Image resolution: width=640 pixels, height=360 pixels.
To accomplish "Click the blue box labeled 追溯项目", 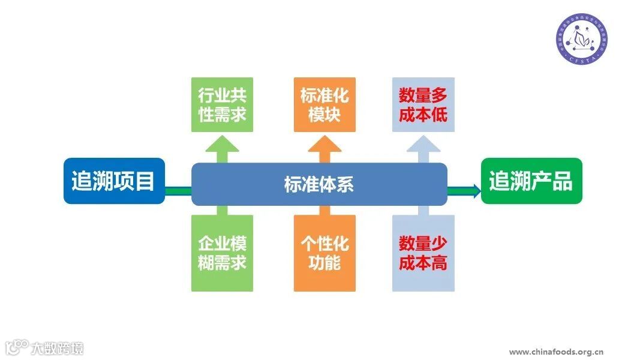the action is [114, 181].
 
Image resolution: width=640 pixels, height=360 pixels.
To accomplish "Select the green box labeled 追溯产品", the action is [531, 181].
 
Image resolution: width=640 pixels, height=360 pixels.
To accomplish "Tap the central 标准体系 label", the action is [319, 184].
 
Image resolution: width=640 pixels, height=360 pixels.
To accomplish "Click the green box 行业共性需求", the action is [222, 105].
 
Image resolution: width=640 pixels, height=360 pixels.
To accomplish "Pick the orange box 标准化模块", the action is [324, 105].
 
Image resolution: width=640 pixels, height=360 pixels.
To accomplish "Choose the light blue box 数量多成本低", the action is [423, 105].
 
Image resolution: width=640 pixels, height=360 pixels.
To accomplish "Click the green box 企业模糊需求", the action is [222, 253].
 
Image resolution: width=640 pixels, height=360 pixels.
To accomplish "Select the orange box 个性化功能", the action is [324, 253].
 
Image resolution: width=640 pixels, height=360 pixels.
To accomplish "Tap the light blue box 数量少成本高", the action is [423, 253].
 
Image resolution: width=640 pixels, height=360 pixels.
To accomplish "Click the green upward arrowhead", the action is [222, 145].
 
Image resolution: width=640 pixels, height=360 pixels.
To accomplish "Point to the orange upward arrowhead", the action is [324, 145].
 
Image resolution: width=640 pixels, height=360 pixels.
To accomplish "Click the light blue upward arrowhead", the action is [423, 145].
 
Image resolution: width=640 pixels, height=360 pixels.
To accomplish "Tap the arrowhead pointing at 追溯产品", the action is [476, 191].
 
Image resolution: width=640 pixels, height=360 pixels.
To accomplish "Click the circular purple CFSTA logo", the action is [581, 40].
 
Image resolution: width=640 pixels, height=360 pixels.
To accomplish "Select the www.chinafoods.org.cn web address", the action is [556, 352].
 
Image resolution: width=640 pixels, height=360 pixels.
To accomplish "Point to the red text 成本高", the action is [423, 262].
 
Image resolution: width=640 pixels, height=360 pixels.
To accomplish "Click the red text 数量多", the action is [423, 96].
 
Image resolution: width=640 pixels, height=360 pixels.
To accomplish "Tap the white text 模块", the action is [324, 115].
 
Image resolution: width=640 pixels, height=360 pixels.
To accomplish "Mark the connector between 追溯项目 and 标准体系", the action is [178, 191].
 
